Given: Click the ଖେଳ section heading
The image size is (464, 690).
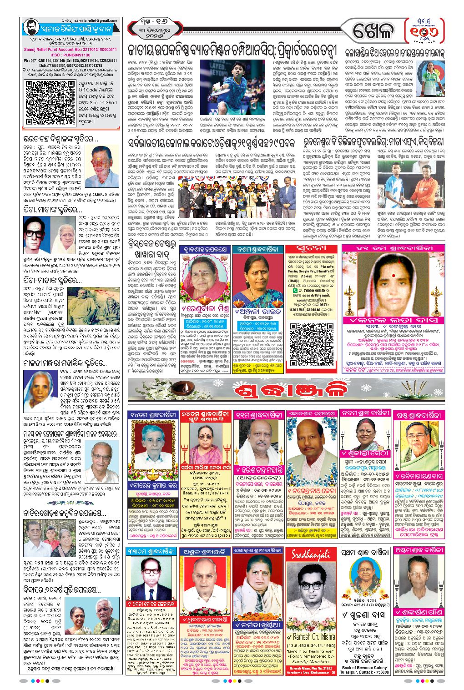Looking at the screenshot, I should (373, 32).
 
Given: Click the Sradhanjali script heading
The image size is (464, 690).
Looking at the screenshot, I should (311, 555).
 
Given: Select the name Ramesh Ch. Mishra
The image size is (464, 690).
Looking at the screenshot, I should (311, 637).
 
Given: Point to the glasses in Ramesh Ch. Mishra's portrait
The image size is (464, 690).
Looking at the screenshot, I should (311, 584).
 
